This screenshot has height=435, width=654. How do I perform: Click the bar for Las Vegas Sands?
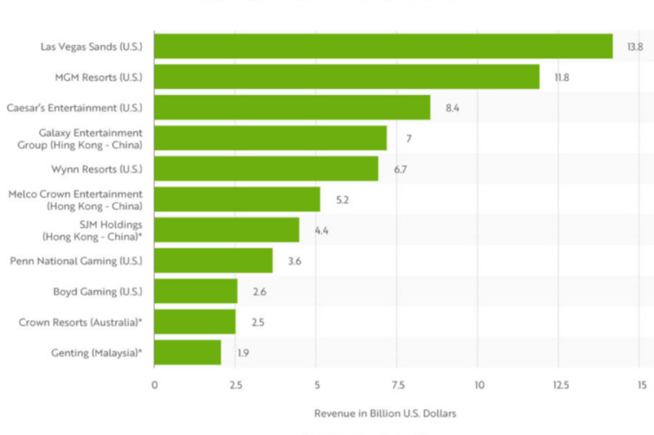(x=383, y=47)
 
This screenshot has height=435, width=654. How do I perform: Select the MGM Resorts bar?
(x=347, y=77)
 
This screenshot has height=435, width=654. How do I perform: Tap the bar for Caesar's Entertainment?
(x=292, y=107)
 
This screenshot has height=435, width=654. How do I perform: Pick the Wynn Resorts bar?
(x=266, y=168)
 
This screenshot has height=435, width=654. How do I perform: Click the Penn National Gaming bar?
(x=213, y=261)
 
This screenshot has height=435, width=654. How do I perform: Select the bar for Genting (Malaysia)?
(x=187, y=352)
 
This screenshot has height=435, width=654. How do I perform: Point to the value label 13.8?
(x=635, y=47)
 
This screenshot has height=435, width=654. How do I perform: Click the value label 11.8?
(x=562, y=78)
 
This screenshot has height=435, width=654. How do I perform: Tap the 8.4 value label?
(x=453, y=108)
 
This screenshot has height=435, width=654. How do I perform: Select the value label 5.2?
(x=343, y=200)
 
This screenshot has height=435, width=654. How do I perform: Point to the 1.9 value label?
(x=244, y=352)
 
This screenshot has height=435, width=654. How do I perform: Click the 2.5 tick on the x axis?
(x=235, y=384)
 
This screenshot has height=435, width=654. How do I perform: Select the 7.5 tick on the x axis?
(x=398, y=384)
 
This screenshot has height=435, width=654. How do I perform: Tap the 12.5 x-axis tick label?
(x=560, y=384)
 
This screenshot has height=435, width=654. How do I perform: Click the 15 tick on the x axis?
(x=642, y=384)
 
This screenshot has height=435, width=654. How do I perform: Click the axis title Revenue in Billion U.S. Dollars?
(x=385, y=414)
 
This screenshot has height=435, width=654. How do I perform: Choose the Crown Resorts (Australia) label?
(x=81, y=322)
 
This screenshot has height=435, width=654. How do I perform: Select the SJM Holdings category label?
(x=92, y=230)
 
